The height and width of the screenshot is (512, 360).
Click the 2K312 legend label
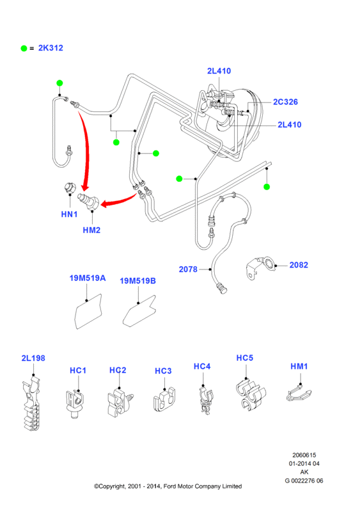point(51,48)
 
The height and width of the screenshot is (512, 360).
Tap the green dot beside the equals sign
point(24,49)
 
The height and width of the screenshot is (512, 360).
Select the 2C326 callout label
point(285,102)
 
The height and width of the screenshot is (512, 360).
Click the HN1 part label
point(69,214)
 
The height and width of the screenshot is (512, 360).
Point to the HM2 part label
point(91,230)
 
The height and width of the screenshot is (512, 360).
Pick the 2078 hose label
point(188,269)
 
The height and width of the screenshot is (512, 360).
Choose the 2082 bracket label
point(299,265)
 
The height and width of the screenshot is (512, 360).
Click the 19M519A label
point(88,278)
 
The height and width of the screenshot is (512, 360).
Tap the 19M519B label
point(137,281)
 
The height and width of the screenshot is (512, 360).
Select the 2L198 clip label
point(33,358)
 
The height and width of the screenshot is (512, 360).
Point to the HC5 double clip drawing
point(251,395)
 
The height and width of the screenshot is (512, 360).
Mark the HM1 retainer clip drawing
point(299,394)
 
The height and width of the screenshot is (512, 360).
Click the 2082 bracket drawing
point(260,268)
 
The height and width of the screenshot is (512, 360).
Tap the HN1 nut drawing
point(69,188)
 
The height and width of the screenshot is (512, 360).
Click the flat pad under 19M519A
point(88,312)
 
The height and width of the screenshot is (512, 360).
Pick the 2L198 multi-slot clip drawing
point(32,404)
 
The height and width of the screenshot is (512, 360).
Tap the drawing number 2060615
point(304,455)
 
